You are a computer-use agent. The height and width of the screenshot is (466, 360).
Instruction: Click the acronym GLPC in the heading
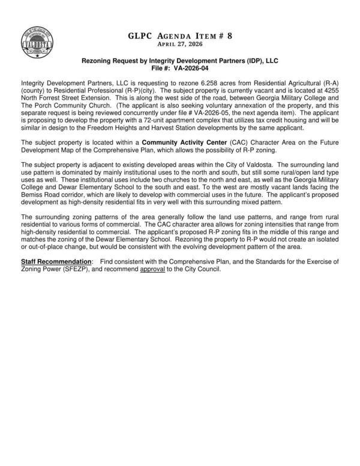pyautogui.click(x=140, y=35)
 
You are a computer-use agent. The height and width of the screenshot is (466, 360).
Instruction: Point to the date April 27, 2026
pyautogui.click(x=179, y=44)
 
